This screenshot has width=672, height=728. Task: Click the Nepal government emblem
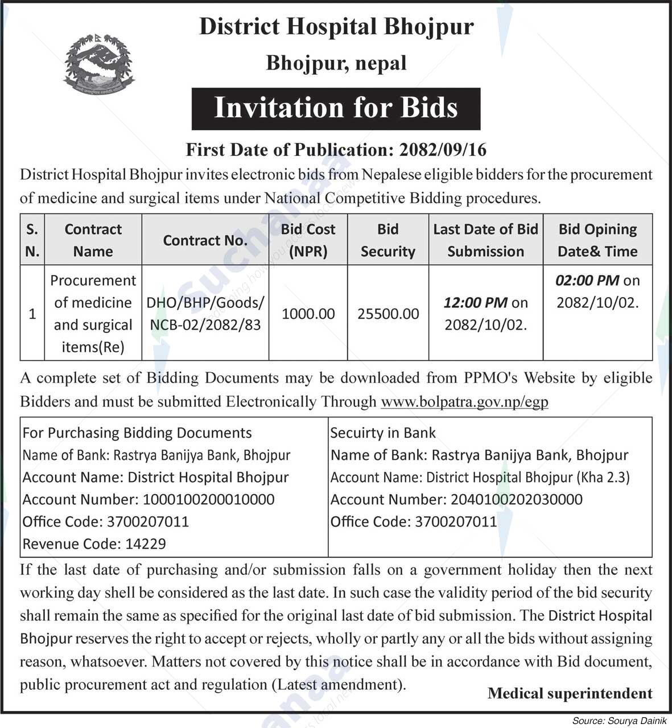pos(99,63)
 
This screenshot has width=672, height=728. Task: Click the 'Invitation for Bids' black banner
pos(336,108)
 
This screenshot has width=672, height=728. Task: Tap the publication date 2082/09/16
pos(443,149)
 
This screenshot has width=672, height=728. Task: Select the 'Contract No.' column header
pos(205,240)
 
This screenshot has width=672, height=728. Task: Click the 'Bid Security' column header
pos(387,240)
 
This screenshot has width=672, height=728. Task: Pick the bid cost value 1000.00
pos(308,314)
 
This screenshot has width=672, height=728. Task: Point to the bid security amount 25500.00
pos(388,314)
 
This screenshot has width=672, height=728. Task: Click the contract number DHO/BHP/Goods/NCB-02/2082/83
pos(205,314)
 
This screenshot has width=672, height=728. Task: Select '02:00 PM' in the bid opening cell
pos(588,280)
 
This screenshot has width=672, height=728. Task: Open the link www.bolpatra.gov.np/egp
pos(464,402)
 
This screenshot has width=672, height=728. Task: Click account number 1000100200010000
pos(208,500)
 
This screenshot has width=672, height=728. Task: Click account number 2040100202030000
pos(516,500)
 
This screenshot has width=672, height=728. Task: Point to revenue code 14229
pos(145,544)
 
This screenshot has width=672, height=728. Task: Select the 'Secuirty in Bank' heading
pos(382,433)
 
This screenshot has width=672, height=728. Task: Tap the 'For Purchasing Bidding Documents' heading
pos(137,433)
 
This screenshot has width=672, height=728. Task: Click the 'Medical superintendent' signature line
pos(570,693)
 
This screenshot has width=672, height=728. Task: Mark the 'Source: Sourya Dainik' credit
pos(619,721)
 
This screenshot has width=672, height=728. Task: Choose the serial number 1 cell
pos(32,314)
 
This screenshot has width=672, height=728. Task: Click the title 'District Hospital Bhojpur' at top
pos(336,27)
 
